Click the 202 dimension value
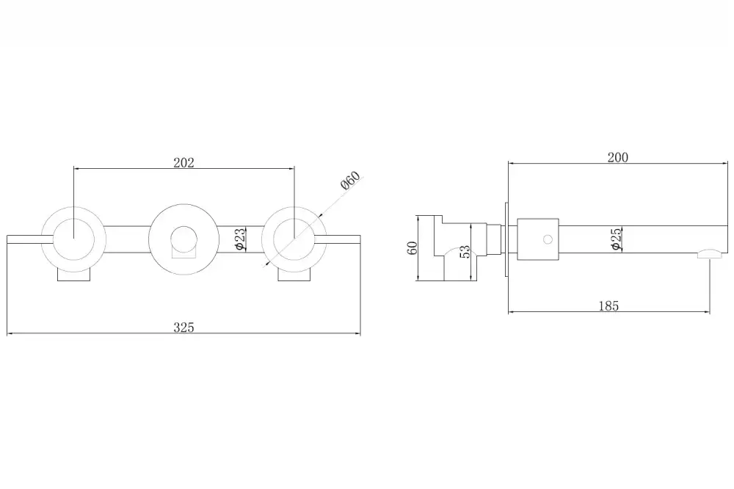[x=183, y=162]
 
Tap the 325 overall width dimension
[x=183, y=327]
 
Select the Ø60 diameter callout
[x=351, y=181]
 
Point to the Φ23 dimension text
[x=239, y=239]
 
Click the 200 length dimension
[x=618, y=157]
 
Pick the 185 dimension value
[x=609, y=306]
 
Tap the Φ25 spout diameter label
[x=616, y=239]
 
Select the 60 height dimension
[x=413, y=247]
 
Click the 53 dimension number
[x=465, y=252]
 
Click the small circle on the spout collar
[x=548, y=239]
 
